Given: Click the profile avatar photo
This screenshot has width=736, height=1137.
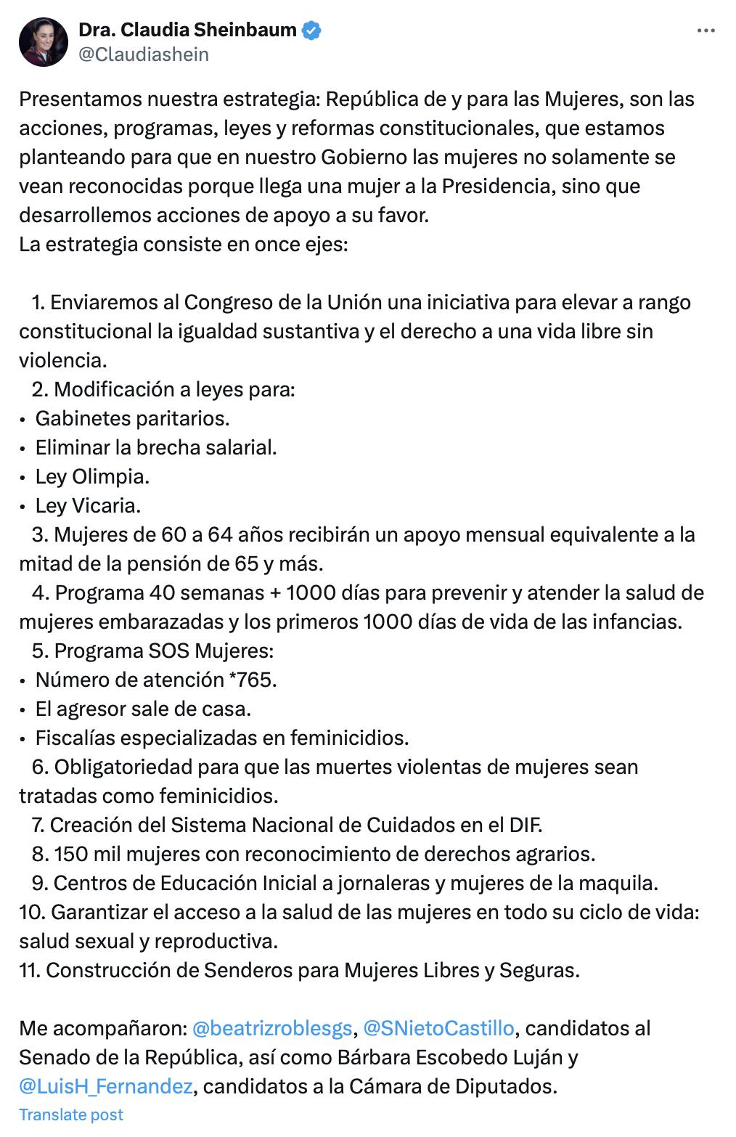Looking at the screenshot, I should tap(44, 42).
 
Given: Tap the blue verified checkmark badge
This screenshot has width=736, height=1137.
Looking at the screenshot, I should tap(313, 30).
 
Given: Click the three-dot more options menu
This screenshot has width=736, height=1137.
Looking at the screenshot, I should tap(706, 30).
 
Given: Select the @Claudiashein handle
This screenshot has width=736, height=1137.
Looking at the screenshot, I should tap(143, 54).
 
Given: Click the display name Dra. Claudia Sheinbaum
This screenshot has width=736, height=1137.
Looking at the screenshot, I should tap(187, 30).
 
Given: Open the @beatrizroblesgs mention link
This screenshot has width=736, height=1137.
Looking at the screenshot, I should tap(272, 1028).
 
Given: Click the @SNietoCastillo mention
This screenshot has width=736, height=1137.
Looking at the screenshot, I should tap(438, 1028).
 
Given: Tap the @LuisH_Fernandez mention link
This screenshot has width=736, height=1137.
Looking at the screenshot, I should tap(106, 1086).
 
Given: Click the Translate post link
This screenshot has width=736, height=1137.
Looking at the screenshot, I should tap(71, 1114).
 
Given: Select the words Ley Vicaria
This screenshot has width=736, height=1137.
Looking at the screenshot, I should tap(88, 505).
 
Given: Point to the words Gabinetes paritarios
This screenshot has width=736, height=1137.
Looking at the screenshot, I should tap(132, 418).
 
